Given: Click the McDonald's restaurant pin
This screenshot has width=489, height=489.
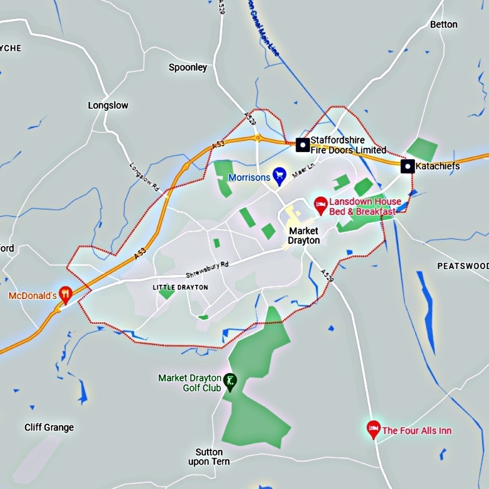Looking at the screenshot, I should [66, 294].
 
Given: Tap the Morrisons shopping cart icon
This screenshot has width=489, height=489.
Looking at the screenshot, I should [279, 174].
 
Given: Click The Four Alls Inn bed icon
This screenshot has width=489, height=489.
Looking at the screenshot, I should [373, 429].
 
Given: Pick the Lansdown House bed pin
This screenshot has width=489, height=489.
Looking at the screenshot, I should [321, 205].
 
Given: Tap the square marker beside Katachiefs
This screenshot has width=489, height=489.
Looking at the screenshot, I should [407, 166].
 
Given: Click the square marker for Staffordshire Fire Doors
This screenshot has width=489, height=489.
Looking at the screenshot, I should [303, 145].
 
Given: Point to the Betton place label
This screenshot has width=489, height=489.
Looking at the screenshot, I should [443, 24].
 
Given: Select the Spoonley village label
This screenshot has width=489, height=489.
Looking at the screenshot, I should [188, 67].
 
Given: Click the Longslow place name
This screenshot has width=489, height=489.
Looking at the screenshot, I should [108, 105].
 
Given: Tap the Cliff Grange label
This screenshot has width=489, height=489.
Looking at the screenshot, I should [49, 428].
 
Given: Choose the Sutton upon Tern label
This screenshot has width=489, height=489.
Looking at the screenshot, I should [209, 457].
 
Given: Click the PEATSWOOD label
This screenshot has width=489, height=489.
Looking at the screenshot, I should [462, 266].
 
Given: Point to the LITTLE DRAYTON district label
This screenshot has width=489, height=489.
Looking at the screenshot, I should [180, 287].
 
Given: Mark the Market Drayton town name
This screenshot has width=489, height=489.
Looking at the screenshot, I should [304, 236].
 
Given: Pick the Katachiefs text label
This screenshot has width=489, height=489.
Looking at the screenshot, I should [437, 166].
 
